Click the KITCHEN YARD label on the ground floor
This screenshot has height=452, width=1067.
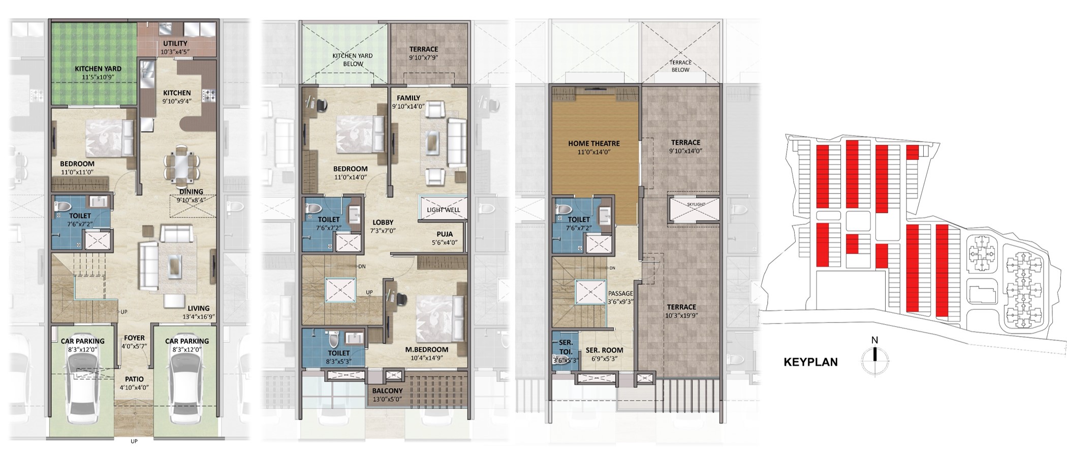(x=98, y=69)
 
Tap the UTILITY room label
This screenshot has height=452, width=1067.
(x=175, y=44)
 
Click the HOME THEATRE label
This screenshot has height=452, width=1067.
(x=594, y=144)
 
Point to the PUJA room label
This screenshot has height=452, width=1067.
(x=445, y=234)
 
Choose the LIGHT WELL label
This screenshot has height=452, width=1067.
(x=443, y=210)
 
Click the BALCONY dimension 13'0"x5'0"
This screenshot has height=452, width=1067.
(x=387, y=400)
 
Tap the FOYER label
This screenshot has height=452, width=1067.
(x=134, y=338)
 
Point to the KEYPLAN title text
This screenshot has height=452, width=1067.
(x=811, y=362)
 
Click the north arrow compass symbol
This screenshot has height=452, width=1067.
(x=874, y=360)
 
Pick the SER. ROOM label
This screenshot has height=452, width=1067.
(x=604, y=350)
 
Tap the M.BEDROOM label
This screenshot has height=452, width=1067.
(x=426, y=349)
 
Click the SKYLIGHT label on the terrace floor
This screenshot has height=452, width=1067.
(x=696, y=204)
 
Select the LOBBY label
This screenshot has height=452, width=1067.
(x=383, y=222)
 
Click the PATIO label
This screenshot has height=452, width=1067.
(x=134, y=379)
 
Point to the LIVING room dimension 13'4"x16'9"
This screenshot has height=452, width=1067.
(x=198, y=316)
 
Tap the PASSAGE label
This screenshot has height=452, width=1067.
(x=620, y=294)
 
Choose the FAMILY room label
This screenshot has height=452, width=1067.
(x=409, y=98)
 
